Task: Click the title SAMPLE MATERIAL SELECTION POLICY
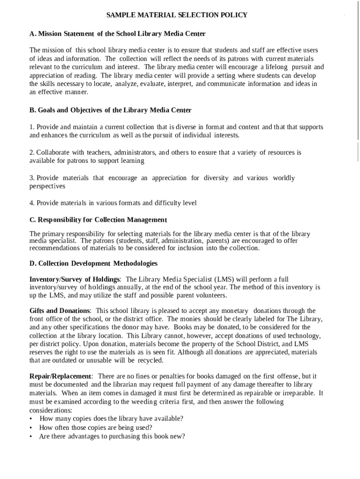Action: coord(177,15)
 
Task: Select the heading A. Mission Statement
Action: coord(117,34)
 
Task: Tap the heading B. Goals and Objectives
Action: coord(110,110)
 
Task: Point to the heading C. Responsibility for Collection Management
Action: coord(98,220)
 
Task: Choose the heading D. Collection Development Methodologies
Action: coord(94,264)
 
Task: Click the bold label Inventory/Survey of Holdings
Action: coord(75,279)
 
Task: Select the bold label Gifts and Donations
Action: coord(60,311)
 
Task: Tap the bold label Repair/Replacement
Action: coord(61,377)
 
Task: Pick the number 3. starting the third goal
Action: coord(32,178)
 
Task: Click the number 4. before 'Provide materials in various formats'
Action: coord(32,203)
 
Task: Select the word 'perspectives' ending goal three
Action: coord(47,186)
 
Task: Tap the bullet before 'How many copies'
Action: coord(31,419)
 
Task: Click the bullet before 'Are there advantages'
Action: coord(31,437)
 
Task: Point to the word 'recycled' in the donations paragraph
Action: coord(151,361)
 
